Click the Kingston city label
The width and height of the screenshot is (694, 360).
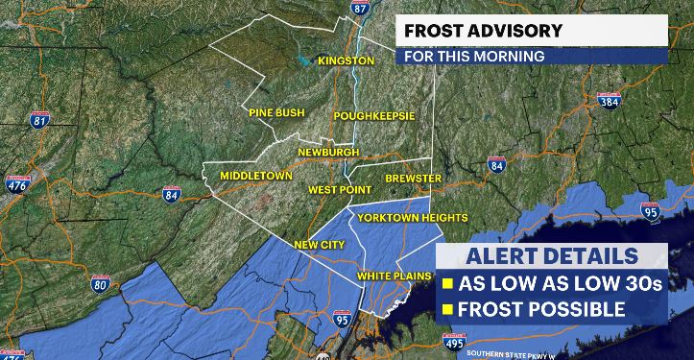[x=346, y=60]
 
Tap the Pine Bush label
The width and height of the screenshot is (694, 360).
[x=276, y=112]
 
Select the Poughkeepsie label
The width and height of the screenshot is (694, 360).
[x=373, y=116]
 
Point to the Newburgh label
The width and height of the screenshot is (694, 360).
[x=327, y=153]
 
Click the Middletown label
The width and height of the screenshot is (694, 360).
[x=255, y=177]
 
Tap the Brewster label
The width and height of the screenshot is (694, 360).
[x=412, y=179]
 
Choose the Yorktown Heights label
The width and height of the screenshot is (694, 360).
[x=412, y=218]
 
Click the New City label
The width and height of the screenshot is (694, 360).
[x=319, y=245]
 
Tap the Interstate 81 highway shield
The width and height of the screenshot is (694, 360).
[x=39, y=120]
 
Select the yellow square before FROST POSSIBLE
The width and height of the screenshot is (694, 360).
[x=448, y=309]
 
